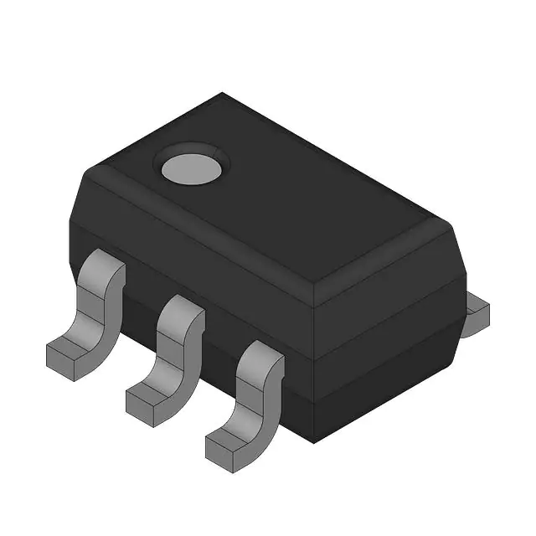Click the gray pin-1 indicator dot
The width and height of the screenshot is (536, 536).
tap(192, 167)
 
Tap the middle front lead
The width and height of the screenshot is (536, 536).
tap(172, 352)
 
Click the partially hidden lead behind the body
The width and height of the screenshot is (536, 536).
tap(476, 314)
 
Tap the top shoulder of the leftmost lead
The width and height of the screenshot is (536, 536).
tap(104, 268)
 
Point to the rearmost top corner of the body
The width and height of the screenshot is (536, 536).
tap(222, 94)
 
